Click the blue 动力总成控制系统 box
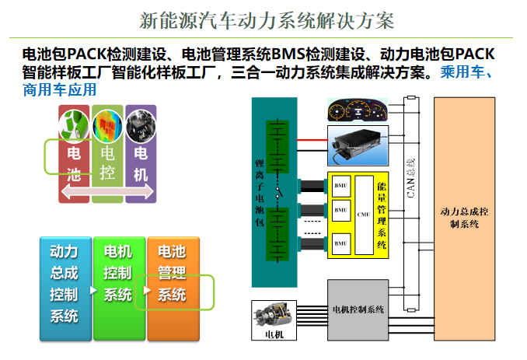coord(63,283)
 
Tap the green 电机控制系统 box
coord(117,283)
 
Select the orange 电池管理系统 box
coord(173,283)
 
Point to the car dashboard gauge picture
coord(358,110)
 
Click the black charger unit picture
coord(358,143)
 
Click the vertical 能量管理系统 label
coord(382,214)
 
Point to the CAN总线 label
coord(410,178)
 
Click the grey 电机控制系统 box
coord(357,309)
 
